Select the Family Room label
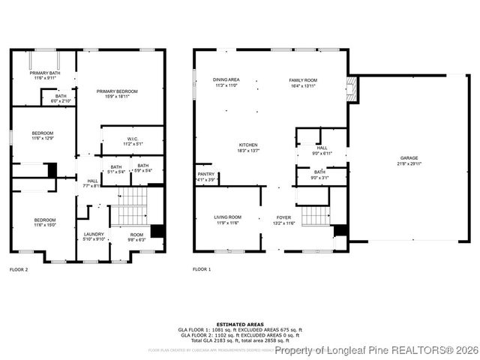pyautogui.click(x=304, y=82)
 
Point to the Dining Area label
pyautogui.click(x=226, y=82)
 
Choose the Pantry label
pyautogui.click(x=205, y=177)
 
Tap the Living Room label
pyautogui.click(x=227, y=219)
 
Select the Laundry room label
pyautogui.click(x=94, y=236)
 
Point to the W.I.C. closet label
pyautogui.click(x=121, y=140)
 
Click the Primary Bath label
pyautogui.click(x=45, y=75)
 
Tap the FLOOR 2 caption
pyautogui.click(x=19, y=268)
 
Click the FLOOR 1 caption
pyautogui.click(x=202, y=268)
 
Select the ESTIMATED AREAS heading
pyautogui.click(x=240, y=324)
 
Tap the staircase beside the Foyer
pyautogui.click(x=316, y=217)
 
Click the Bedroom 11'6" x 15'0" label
pyautogui.click(x=45, y=222)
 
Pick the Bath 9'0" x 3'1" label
pyautogui.click(x=320, y=175)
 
